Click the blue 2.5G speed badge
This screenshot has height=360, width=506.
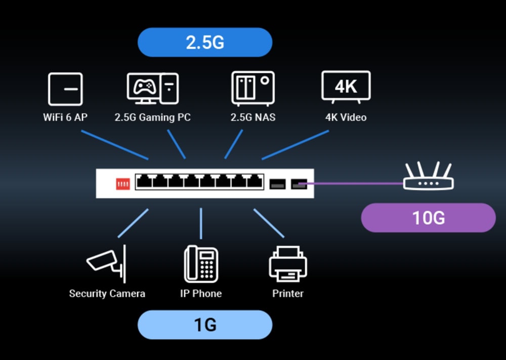point(205,42)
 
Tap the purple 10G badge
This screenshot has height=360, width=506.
point(428,218)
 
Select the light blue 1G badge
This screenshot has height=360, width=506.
point(205,325)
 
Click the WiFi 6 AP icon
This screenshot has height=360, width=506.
point(65,89)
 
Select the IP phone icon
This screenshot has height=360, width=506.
point(201,263)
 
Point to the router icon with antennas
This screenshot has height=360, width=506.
point(429,177)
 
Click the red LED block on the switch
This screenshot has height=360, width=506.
point(123,183)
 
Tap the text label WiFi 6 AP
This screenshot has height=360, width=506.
point(65,117)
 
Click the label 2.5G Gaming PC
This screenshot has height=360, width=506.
point(153,117)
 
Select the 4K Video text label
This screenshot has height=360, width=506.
point(346,117)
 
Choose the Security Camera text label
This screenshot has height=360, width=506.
point(107,294)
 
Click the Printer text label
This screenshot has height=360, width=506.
point(288,294)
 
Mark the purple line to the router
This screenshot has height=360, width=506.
point(354,183)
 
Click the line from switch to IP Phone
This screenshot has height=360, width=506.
point(201,223)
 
